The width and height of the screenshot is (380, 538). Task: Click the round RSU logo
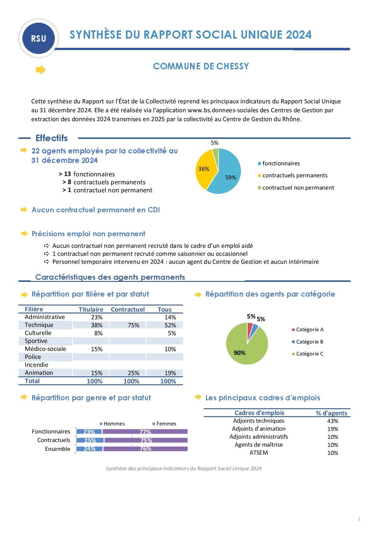[39, 39]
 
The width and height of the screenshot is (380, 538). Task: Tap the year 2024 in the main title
[298, 35]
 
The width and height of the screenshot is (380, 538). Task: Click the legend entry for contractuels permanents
[294, 175]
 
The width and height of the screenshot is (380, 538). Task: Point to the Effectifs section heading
[51, 138]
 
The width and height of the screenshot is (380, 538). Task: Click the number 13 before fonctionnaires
[67, 174]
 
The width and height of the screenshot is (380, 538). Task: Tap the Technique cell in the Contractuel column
[133, 325]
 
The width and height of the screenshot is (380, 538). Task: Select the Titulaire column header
[91, 309]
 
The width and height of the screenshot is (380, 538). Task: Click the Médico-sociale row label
[45, 349]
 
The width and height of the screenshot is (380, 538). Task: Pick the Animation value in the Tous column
[170, 373]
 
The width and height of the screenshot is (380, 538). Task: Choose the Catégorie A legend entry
[310, 330]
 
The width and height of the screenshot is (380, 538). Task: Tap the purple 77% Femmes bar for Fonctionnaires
[145, 432]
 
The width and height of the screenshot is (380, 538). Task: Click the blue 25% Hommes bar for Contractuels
[90, 440]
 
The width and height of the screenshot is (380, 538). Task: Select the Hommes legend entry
[114, 424]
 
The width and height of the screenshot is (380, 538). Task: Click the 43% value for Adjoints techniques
[332, 421]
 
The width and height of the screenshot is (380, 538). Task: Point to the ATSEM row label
[259, 453]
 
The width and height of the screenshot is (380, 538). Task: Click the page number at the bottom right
[359, 519]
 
